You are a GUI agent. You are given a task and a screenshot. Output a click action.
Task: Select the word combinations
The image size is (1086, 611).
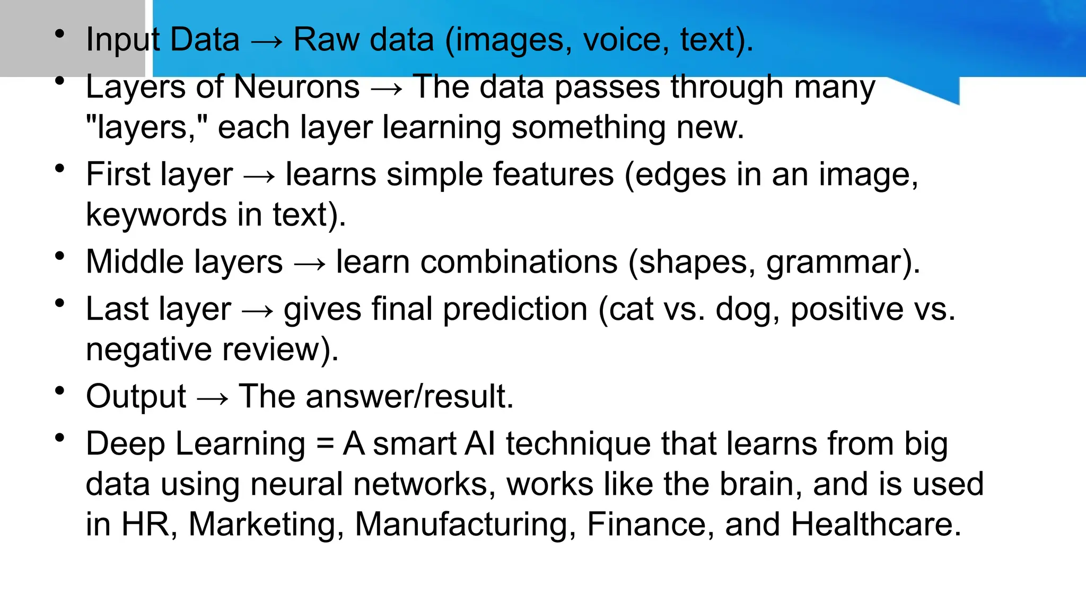pos(519,262)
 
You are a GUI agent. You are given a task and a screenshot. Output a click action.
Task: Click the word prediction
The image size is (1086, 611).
pos(515,309)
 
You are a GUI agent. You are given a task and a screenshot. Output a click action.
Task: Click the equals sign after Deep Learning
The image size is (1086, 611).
pos(325,444)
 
